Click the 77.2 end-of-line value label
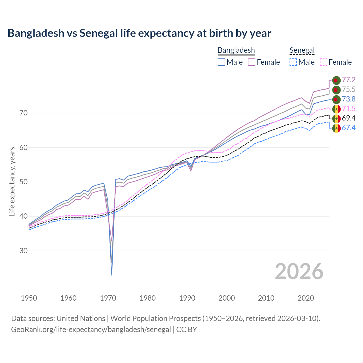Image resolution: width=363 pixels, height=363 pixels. [x=349, y=80]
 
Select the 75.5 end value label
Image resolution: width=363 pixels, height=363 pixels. [x=349, y=89]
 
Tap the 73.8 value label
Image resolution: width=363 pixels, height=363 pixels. [x=349, y=99]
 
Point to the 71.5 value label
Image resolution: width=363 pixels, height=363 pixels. [x=349, y=109]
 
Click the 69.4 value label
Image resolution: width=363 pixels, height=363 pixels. [x=349, y=118]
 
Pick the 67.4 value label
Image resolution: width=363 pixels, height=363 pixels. [x=349, y=128]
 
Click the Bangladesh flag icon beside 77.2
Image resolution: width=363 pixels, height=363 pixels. [x=336, y=80]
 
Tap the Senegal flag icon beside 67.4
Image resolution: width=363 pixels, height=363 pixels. [x=336, y=128]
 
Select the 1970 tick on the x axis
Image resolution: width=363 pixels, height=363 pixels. [x=108, y=298]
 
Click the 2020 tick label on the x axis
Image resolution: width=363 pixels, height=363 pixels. [x=306, y=298]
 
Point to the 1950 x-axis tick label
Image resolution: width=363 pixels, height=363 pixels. [x=29, y=298]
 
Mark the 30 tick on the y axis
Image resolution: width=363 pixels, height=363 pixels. [x=24, y=251]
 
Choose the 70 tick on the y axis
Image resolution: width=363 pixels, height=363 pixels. [x=24, y=113]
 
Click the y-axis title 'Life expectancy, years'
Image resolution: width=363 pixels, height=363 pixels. [x=12, y=181]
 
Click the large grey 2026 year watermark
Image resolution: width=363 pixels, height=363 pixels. [x=299, y=271]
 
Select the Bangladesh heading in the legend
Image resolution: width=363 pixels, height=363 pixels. [x=236, y=50]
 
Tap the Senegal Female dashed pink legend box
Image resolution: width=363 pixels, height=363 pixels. [x=324, y=62]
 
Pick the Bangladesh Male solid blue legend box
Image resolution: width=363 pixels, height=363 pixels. [x=221, y=62]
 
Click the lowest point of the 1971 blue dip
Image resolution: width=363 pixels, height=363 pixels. [x=112, y=275]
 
